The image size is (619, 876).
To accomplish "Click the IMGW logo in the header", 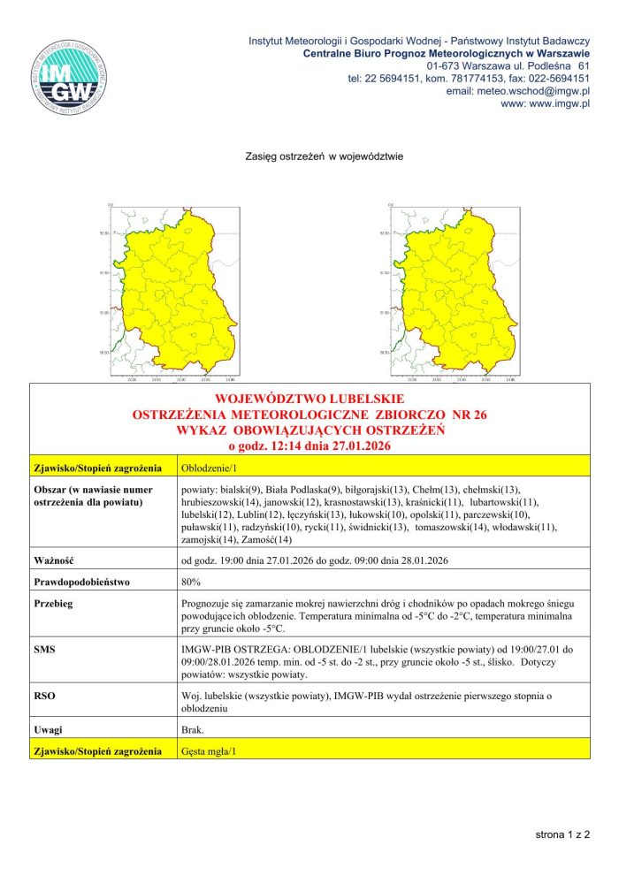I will point(69,74).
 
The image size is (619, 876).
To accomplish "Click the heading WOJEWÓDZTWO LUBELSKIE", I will point(309,398).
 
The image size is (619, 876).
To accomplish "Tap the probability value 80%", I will point(190,583).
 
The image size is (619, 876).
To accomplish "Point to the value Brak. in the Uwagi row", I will point(192,730).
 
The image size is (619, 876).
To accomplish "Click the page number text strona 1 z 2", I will point(562,834).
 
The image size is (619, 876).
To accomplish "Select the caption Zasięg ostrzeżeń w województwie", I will point(324,157).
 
